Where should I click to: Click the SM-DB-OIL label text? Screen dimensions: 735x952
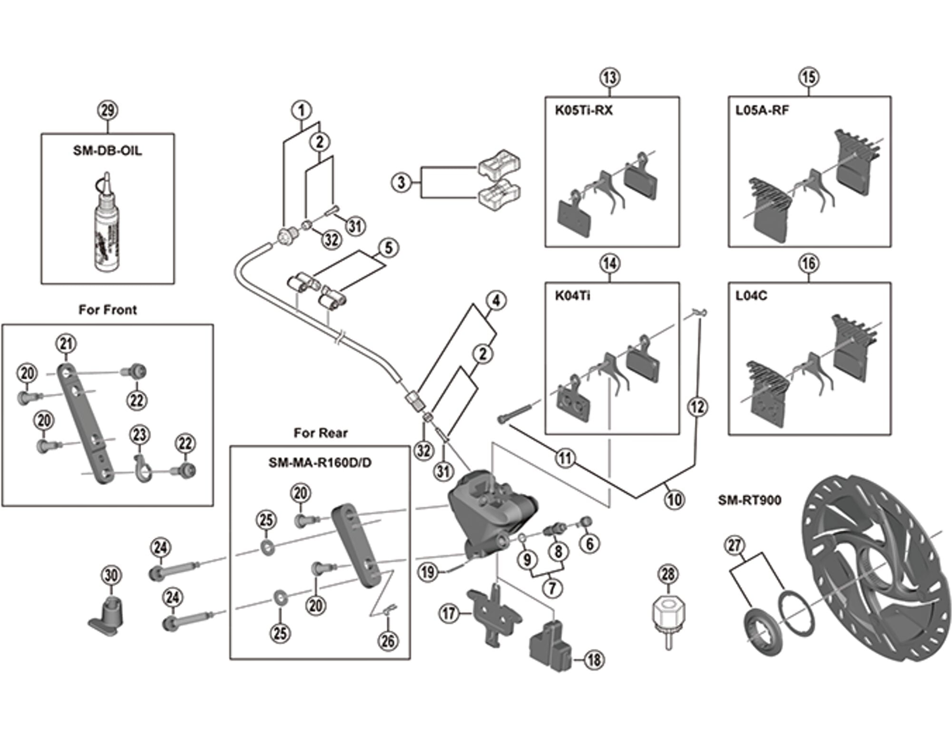(x=107, y=150)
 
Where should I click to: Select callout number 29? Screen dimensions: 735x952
(x=108, y=110)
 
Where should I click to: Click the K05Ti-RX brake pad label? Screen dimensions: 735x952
(x=584, y=110)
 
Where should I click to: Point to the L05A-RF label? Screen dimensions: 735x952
(x=762, y=110)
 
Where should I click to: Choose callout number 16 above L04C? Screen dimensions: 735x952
(x=809, y=264)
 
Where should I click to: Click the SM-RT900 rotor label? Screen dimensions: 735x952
(x=749, y=500)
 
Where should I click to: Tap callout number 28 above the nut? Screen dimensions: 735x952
(x=668, y=574)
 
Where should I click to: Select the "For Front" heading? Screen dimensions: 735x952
(x=108, y=310)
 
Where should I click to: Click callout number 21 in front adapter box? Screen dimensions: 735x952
(x=66, y=343)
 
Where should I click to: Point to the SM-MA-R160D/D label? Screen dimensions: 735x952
(x=320, y=463)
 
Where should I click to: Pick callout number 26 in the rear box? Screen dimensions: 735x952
(x=388, y=641)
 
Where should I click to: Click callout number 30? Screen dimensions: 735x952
(x=111, y=575)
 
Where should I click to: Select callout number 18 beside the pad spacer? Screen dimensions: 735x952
(x=594, y=660)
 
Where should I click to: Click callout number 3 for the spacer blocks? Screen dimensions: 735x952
(x=401, y=182)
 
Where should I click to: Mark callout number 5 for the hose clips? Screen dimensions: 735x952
(x=388, y=248)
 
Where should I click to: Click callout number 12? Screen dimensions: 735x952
(x=698, y=407)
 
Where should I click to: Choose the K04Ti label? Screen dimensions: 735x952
(x=572, y=296)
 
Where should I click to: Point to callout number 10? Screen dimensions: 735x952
(x=674, y=499)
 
